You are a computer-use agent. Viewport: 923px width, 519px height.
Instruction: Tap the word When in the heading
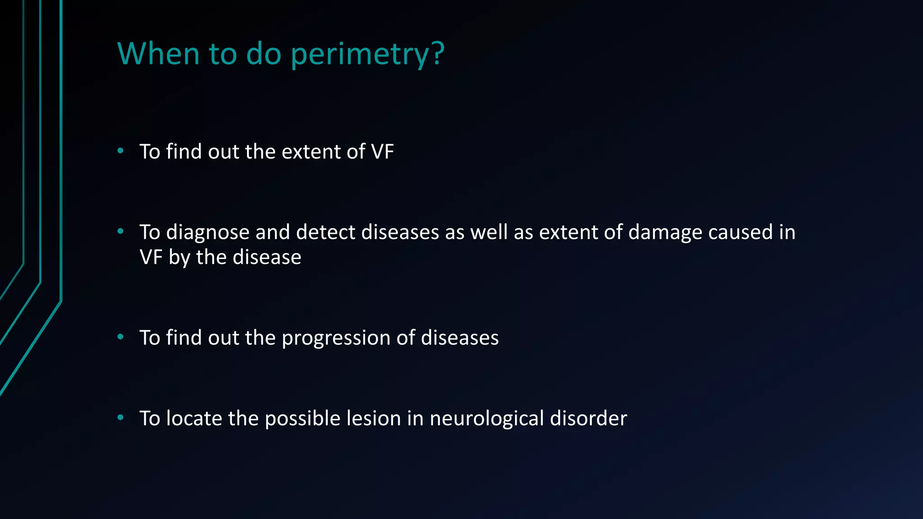click(158, 54)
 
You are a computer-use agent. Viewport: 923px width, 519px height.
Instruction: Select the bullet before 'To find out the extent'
click(120, 151)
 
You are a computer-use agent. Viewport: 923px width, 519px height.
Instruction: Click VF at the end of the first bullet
click(382, 152)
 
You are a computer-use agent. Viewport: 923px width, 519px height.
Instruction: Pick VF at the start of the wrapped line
click(151, 258)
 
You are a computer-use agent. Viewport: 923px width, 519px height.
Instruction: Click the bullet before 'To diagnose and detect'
click(120, 232)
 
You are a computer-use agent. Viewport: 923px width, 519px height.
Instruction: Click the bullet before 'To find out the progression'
click(120, 337)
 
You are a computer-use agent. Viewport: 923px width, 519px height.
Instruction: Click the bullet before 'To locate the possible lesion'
click(120, 418)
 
